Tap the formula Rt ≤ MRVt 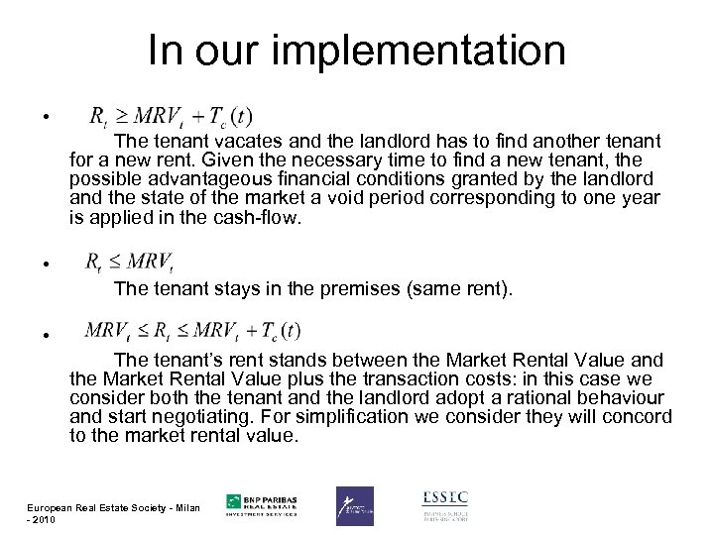[x=131, y=263]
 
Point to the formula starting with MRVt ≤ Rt [x=194, y=330]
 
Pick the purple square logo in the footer [x=355, y=505]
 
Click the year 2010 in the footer [x=45, y=521]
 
